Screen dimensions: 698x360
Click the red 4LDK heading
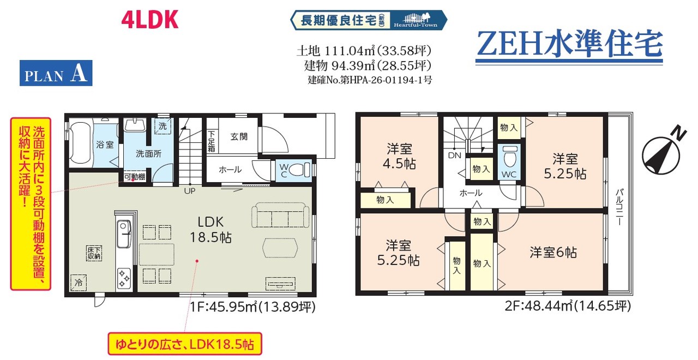pos(149,19)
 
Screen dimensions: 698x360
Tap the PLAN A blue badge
pos(56,73)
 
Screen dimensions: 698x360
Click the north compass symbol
pos(662,152)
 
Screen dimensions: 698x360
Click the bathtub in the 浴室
pos(80,143)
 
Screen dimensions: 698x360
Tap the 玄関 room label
pos(239,136)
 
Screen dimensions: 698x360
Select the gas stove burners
pos(124,278)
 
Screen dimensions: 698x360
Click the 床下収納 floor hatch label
pos(94,253)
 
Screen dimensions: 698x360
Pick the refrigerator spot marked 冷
pos(78,283)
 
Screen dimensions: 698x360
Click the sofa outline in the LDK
pos(280,215)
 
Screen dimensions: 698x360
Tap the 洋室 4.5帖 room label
pos(400,156)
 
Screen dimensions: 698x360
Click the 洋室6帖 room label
pos(553,253)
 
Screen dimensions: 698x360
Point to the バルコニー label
pos(619,207)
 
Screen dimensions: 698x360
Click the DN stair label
pos(455,155)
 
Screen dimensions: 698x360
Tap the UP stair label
pos(190,191)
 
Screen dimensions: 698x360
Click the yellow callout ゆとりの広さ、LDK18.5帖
pos(185,344)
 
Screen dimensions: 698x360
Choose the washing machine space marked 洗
pos(163,126)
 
